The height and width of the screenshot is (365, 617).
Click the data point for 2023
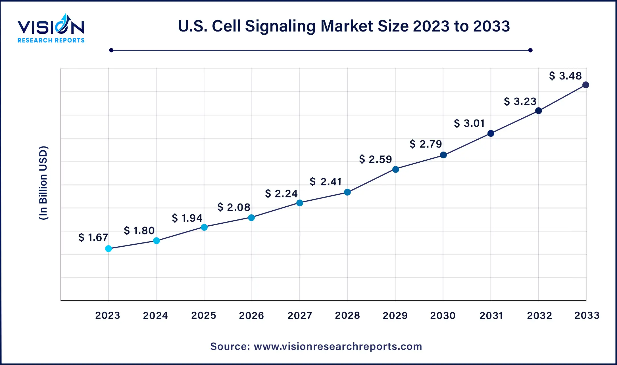[x=109, y=249]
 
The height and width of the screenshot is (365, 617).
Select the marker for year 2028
[x=347, y=192]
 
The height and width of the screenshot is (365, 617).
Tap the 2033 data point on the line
[x=586, y=85]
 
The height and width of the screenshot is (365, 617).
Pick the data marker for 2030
[x=443, y=155]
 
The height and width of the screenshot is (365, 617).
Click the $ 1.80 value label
[x=139, y=231]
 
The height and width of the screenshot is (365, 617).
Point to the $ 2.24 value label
[x=281, y=194]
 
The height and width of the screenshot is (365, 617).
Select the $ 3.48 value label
[x=565, y=76]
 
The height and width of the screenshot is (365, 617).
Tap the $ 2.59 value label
[x=375, y=160]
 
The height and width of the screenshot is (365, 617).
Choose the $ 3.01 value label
[x=469, y=123]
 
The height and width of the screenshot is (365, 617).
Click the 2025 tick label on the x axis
[x=204, y=316]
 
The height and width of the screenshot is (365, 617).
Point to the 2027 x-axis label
[x=300, y=316]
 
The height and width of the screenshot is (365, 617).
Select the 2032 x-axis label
[x=539, y=316]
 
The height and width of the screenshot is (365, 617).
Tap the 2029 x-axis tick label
[x=395, y=316]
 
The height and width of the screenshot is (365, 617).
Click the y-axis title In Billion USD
[x=43, y=183]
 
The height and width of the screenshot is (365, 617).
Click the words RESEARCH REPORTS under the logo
[x=51, y=41]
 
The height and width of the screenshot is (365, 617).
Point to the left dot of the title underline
[x=111, y=50]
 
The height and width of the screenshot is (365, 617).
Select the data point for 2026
[x=251, y=218]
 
